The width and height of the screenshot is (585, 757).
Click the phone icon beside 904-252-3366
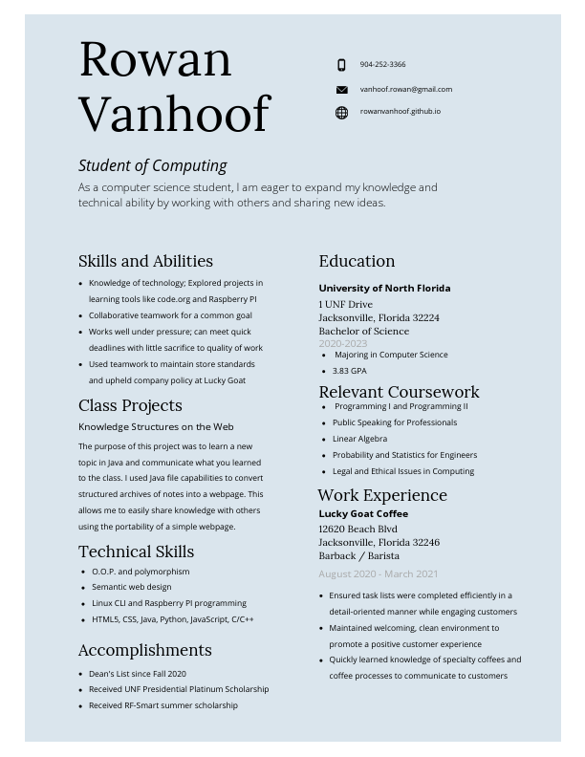(341, 65)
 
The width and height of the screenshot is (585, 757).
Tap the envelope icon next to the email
(341, 90)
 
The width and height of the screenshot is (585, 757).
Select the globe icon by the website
(341, 113)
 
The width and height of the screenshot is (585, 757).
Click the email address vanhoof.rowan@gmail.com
(405, 89)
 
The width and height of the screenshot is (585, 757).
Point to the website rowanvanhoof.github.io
(400, 111)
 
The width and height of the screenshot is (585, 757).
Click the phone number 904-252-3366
(382, 64)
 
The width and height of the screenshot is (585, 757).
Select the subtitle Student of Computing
(153, 165)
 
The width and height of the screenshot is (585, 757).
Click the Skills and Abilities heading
(145, 261)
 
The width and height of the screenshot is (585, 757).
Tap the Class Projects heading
(130, 405)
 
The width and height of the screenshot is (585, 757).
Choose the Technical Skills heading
(136, 552)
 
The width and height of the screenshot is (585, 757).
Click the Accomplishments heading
(144, 650)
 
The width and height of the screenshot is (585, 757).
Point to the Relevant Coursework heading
(399, 392)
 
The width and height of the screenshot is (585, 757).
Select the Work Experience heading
(382, 495)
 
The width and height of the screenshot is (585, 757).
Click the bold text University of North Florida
(384, 288)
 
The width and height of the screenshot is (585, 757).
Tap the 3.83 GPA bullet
(349, 371)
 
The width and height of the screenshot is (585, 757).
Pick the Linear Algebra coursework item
(359, 439)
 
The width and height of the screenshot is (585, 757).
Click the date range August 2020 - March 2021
(379, 573)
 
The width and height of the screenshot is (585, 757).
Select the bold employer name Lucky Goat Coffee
(363, 513)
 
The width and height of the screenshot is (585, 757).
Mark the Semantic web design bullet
(132, 587)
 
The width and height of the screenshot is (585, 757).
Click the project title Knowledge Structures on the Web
(156, 426)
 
